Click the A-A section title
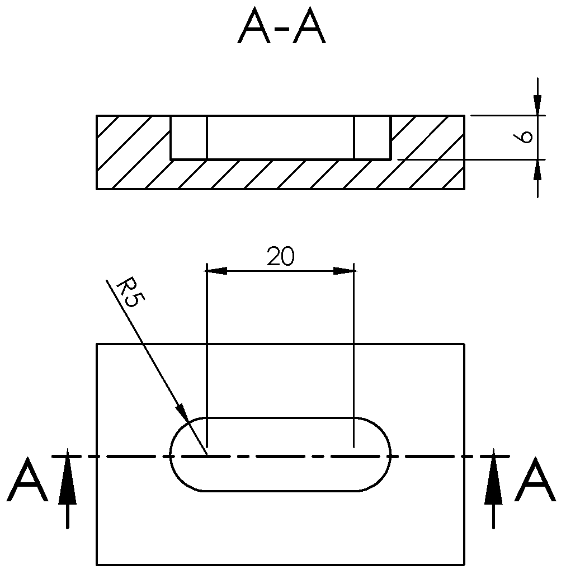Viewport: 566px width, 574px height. coord(281,28)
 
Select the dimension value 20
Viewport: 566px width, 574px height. coord(280,257)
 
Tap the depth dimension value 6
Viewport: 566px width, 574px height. coord(524,137)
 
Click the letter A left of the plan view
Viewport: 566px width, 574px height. coord(27,481)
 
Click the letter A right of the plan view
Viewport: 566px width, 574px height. coord(535,481)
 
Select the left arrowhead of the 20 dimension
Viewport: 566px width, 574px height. coord(216,271)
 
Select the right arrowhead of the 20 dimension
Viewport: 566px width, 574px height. coord(345,271)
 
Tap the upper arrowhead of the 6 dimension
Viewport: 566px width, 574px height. coord(537,106)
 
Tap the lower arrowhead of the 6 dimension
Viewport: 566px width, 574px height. coord(537,169)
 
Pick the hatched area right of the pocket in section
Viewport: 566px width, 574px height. coord(428,151)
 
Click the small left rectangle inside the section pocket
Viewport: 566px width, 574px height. coord(188,138)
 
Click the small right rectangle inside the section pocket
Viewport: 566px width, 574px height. coord(372,138)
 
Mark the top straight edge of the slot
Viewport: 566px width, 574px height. coord(280,418)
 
